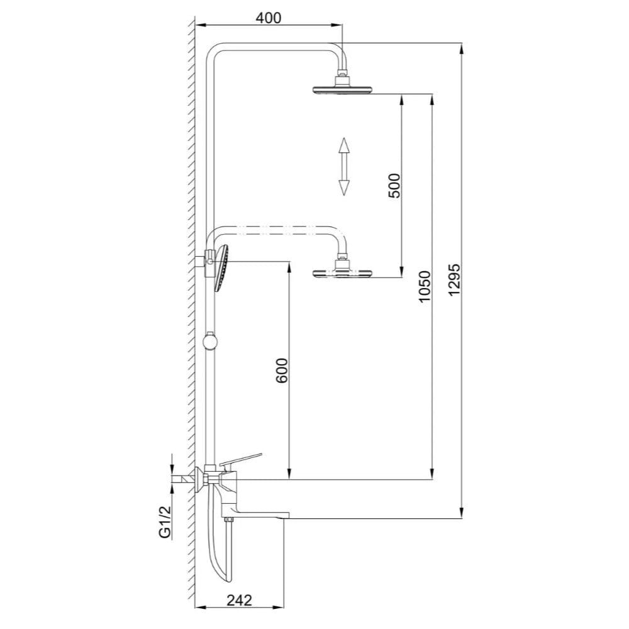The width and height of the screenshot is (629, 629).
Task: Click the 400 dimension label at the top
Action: pyautogui.click(x=269, y=18)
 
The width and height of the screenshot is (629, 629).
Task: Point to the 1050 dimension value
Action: pyautogui.click(x=425, y=286)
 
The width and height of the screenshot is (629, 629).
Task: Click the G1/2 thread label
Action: pyautogui.click(x=165, y=523)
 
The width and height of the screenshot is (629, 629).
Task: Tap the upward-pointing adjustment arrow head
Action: pyautogui.click(x=343, y=145)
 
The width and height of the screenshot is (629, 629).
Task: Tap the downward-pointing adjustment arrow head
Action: pyautogui.click(x=343, y=187)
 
